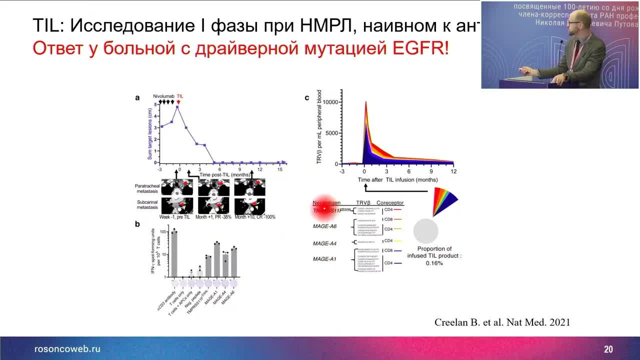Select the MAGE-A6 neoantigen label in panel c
click(x=324, y=226)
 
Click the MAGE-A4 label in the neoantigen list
click(x=324, y=243)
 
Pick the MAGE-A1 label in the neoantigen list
click(x=324, y=259)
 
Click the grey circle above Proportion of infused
click(x=426, y=231)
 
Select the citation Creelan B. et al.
click(x=502, y=322)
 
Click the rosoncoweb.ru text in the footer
click(x=67, y=349)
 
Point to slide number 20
click(x=608, y=349)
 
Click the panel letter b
click(x=137, y=223)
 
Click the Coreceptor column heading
click(x=390, y=202)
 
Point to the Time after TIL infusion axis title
click(x=397, y=179)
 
